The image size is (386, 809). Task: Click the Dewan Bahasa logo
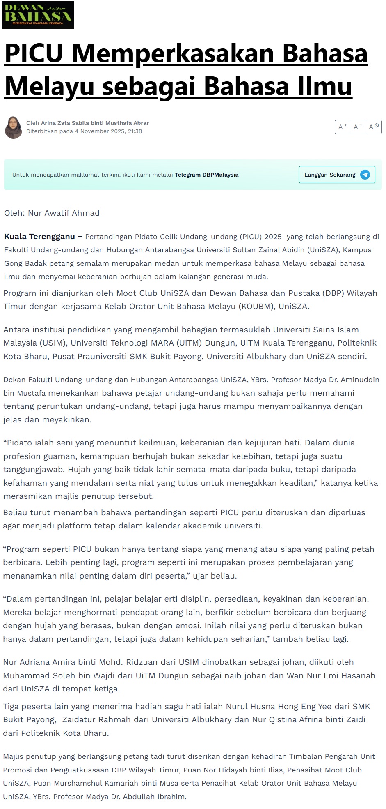click(38, 15)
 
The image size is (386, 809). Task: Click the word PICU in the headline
click(34, 53)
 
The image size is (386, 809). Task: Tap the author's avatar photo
click(14, 127)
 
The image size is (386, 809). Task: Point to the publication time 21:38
click(135, 131)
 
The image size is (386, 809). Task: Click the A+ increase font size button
click(343, 127)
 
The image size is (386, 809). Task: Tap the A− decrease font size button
click(358, 127)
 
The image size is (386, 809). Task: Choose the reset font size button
click(373, 127)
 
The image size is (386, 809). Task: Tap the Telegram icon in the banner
click(365, 175)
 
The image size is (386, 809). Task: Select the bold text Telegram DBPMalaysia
click(206, 175)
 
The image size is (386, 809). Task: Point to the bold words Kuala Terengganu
click(40, 237)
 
